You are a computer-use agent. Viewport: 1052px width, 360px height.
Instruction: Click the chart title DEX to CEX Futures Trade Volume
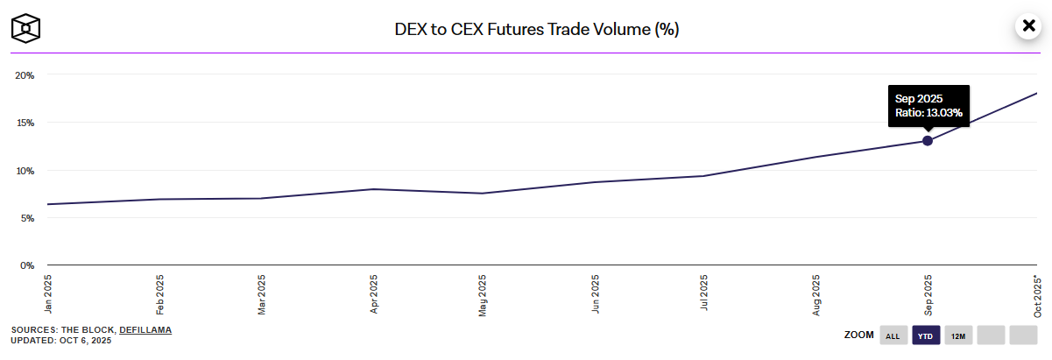[537, 29]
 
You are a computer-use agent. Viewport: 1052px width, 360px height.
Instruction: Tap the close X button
[1027, 26]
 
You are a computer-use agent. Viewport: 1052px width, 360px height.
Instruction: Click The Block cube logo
[26, 27]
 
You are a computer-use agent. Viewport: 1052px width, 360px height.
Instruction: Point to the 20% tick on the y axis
[25, 75]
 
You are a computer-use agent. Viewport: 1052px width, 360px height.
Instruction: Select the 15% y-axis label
[25, 123]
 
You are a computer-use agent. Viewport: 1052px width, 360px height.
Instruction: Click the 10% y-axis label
[25, 171]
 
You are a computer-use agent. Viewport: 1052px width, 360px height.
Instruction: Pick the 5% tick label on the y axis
[26, 218]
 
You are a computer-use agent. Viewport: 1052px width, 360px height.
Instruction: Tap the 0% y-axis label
[26, 265]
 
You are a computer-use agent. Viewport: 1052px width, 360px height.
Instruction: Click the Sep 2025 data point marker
[928, 141]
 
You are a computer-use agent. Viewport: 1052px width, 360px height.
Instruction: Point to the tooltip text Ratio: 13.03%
[928, 113]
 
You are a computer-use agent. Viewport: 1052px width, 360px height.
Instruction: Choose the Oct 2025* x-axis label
[1038, 295]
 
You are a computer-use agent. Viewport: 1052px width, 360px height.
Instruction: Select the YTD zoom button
[926, 335]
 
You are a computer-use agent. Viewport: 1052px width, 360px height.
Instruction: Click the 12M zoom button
[958, 335]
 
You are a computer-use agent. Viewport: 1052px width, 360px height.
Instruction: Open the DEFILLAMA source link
[145, 329]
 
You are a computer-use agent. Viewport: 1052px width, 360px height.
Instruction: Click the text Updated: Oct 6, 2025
[61, 340]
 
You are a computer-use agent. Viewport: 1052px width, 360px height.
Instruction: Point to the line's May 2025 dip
[484, 193]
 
